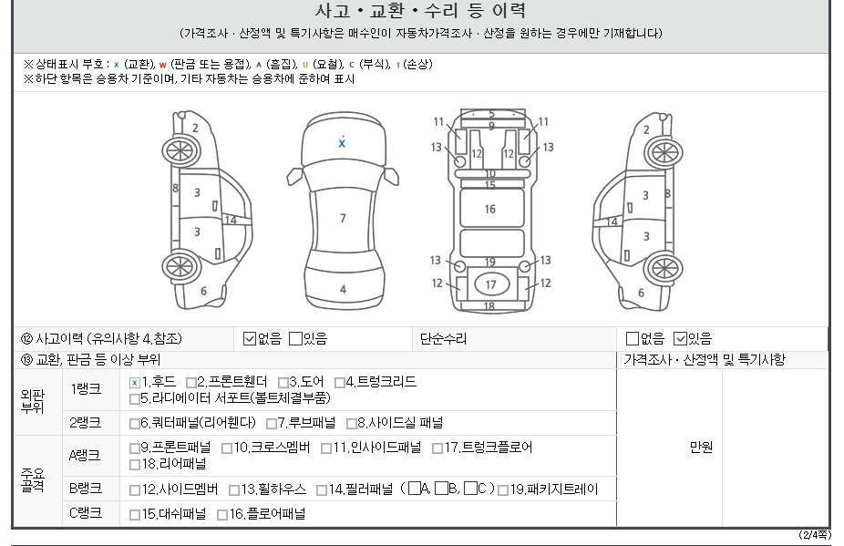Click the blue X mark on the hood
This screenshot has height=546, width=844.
click(342, 143)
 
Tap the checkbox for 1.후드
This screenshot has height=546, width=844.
click(135, 382)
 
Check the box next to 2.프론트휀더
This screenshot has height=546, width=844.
click(191, 382)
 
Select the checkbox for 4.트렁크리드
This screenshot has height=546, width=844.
click(340, 382)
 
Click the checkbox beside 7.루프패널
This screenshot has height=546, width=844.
click(272, 424)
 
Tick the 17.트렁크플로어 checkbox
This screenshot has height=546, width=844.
click(437, 448)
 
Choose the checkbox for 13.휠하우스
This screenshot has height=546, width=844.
click(234, 490)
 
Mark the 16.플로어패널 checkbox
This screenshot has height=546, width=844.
click(221, 515)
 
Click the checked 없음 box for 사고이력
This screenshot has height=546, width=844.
click(249, 339)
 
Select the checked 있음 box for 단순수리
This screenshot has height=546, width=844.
click(680, 339)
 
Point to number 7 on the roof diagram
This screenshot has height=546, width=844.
click(343, 218)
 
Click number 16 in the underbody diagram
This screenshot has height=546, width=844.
click(489, 209)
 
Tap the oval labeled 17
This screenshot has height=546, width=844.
click(491, 284)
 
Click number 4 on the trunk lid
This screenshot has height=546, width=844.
click(343, 289)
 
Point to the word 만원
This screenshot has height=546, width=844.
click(702, 447)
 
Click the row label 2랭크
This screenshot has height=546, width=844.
click(85, 423)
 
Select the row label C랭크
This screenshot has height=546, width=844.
click(85, 513)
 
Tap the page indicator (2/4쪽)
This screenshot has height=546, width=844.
click(815, 535)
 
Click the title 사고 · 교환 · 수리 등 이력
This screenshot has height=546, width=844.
click(421, 11)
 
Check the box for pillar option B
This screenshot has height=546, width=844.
click(441, 489)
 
